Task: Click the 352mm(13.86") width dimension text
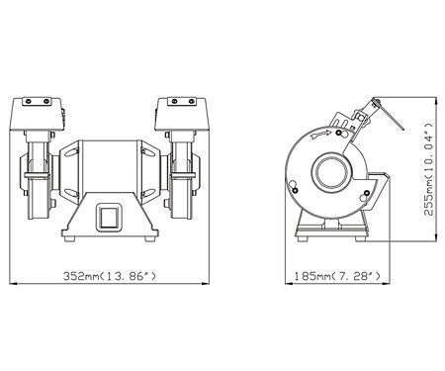click(x=109, y=276)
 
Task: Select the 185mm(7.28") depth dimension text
click(x=337, y=276)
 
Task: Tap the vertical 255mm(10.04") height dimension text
click(x=428, y=169)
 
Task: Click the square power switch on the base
click(x=109, y=217)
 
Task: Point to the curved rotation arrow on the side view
click(x=321, y=135)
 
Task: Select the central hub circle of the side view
click(x=331, y=173)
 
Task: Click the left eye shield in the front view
click(x=37, y=114)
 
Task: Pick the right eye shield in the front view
click(x=181, y=114)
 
